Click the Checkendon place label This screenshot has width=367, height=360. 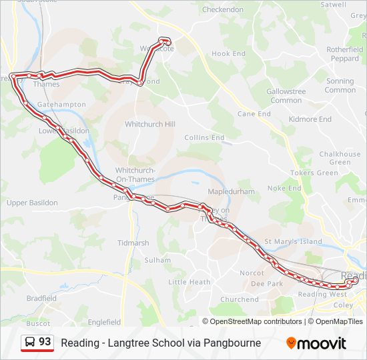coord(223,10)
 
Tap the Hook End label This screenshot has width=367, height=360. coord(229,53)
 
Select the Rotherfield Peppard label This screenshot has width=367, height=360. coord(344,54)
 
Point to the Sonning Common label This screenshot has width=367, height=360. coord(340,85)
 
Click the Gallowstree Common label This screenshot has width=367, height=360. coord(286,95)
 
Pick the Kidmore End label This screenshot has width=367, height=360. coord(310,119)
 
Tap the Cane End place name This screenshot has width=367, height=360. coord(254,114)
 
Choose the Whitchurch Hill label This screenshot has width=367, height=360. coord(150,125)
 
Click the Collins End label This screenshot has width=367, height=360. coord(204,137)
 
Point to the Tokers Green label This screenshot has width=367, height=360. coord(314,173)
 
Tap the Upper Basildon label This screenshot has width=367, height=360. coord(31,202)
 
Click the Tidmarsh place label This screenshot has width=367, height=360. coord(133,243)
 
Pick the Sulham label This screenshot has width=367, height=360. coord(157,260)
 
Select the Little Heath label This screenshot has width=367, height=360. coord(190,282)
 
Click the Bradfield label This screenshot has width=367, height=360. coord(41,299)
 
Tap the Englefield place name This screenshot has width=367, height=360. coord(104,322)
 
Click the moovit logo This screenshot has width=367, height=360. coord(316,343)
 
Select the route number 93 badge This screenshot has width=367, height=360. coord(37,343)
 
